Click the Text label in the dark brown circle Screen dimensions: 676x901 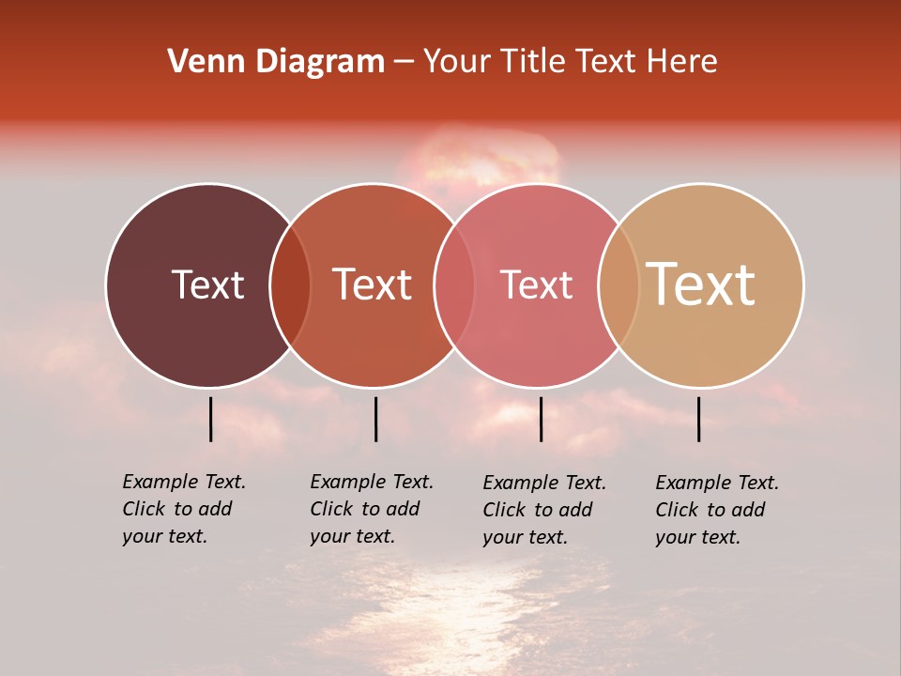click(x=207, y=284)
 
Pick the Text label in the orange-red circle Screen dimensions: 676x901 click(x=373, y=284)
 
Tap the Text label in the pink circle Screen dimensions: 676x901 click(x=536, y=284)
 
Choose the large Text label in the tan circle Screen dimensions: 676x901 click(x=701, y=284)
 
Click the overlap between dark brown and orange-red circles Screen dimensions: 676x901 click(x=290, y=285)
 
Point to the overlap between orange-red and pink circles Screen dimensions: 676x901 click(x=454, y=285)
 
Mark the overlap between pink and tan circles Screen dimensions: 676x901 click(x=618, y=285)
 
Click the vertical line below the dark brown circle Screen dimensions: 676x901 click(x=211, y=419)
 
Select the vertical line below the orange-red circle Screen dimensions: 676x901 click(x=375, y=419)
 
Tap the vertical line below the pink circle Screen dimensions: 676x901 click(x=542, y=419)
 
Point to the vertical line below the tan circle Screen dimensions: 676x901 click(x=699, y=419)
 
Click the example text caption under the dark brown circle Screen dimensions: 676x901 click(x=183, y=509)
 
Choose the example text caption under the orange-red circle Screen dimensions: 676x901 click(x=371, y=509)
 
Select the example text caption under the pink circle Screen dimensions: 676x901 click(x=543, y=510)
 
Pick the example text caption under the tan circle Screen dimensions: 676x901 click(x=716, y=510)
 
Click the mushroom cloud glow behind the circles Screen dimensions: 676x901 click(x=479, y=160)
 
